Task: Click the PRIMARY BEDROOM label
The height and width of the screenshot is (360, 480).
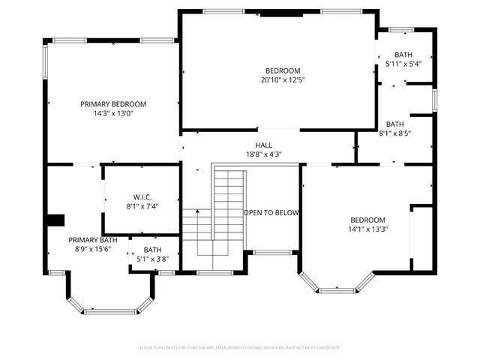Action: coord(113,104)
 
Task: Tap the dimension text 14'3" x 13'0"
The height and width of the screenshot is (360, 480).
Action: coord(113,114)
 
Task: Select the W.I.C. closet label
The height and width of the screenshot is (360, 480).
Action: coord(142,196)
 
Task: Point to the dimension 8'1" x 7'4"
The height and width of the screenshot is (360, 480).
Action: coord(142,205)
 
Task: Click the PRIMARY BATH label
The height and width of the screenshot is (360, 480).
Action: coord(93,240)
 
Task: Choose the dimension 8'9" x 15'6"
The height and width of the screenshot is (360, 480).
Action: coord(93,249)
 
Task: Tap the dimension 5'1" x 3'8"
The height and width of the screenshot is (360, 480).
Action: coord(153,259)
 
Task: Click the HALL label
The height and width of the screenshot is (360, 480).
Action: coord(263,145)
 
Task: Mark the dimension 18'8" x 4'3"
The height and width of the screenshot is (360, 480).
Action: coord(263,154)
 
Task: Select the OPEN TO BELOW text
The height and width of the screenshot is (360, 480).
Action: coord(271,213)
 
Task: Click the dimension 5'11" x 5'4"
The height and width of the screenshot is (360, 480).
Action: coord(403,64)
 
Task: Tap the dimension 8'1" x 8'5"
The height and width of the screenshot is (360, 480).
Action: coord(395,133)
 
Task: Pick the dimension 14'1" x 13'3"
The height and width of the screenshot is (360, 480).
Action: coord(368,229)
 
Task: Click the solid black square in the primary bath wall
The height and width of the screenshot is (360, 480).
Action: coord(55,220)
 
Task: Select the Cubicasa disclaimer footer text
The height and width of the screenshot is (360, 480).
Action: coord(240,348)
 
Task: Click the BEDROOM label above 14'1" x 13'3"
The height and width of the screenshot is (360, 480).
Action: coord(368,220)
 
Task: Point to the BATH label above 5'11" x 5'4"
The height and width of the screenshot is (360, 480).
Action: coord(403,55)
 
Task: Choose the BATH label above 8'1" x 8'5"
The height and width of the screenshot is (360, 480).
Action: coord(395,124)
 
